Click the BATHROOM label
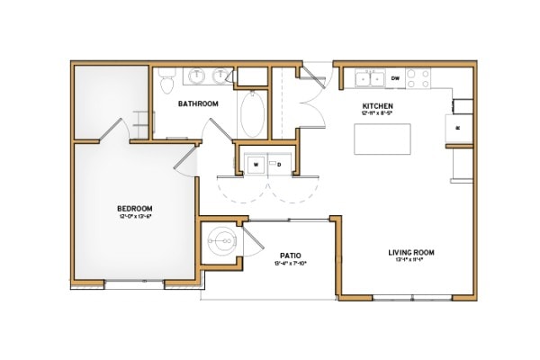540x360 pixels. coord(198,103)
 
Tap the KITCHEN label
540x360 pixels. coord(354,105)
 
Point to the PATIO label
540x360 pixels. coord(289,255)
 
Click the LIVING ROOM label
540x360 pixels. coord(411,253)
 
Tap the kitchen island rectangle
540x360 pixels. coord(378,140)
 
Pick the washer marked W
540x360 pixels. coord(256,165)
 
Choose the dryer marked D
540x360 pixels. coord(279,165)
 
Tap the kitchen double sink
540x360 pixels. coord(369,79)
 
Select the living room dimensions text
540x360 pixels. coord(411,263)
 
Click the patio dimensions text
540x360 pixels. coord(289,264)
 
